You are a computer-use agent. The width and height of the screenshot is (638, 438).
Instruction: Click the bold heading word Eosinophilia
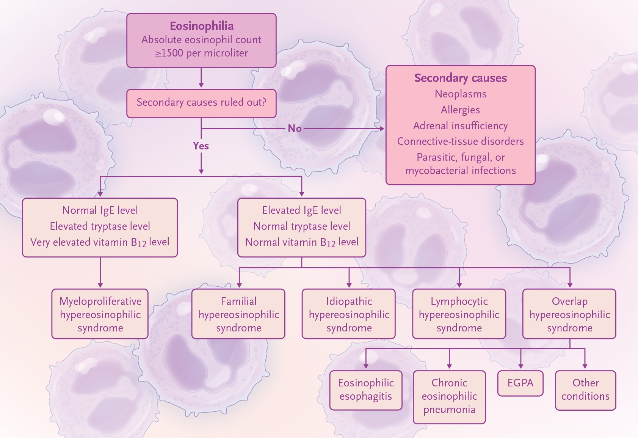point(202,26)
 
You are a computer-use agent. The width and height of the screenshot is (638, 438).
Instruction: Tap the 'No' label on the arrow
point(295,129)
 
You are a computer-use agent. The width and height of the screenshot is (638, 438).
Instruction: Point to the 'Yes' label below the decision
point(201,146)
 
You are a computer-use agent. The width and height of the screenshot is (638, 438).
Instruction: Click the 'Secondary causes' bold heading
point(460,78)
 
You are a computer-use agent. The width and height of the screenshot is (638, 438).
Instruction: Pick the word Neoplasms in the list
point(461,94)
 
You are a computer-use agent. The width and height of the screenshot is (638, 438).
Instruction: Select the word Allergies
point(460,110)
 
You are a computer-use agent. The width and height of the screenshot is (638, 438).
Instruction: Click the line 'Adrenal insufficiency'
point(460,126)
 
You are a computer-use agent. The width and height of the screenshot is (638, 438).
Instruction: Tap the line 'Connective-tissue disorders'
point(460,141)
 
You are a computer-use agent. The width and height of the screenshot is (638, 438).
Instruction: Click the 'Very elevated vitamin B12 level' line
point(100,242)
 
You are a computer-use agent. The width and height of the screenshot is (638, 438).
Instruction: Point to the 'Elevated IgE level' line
point(302,210)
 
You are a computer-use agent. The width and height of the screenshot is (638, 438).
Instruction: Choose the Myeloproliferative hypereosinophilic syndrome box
point(100,314)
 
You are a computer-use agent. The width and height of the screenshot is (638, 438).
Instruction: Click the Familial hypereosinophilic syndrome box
point(238,314)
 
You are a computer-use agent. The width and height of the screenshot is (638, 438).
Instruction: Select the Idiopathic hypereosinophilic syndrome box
point(349,314)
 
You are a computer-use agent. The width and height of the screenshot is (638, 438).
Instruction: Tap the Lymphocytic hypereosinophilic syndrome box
point(459,314)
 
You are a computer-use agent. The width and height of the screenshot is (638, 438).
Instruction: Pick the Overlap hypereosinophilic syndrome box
point(569,314)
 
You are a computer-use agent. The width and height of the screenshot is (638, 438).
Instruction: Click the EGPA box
point(520,383)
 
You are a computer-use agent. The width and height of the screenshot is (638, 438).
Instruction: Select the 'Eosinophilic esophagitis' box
point(366,390)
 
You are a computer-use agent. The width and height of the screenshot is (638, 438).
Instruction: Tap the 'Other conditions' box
point(585,390)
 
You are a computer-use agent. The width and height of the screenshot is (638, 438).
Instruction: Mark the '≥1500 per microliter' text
point(201,53)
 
